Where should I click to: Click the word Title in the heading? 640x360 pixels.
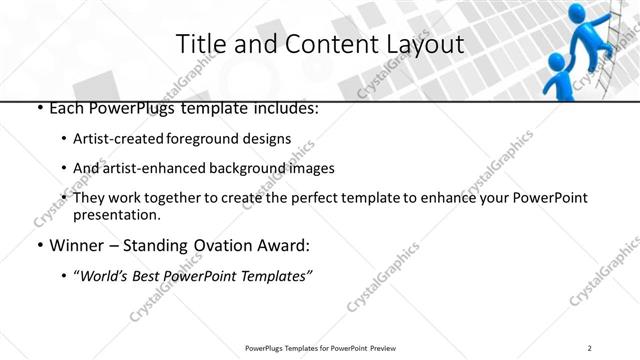tap(197, 44)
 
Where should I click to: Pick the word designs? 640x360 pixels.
tap(266, 139)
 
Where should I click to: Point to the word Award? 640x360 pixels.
tap(284, 245)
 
